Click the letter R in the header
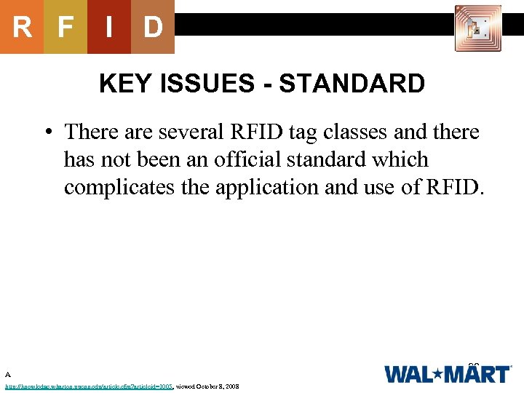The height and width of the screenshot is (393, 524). (x=22, y=27)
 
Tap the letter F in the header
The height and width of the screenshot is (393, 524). (x=65, y=27)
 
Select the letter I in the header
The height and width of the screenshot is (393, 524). (x=109, y=27)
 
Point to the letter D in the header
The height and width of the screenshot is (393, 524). (x=153, y=27)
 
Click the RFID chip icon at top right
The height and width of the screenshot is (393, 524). (x=477, y=28)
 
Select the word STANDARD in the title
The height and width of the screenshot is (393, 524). (x=352, y=84)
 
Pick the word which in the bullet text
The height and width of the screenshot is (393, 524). (x=402, y=159)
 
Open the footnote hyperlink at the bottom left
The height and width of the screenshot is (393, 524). (x=88, y=386)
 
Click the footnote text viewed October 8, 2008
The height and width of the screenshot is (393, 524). (x=207, y=386)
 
